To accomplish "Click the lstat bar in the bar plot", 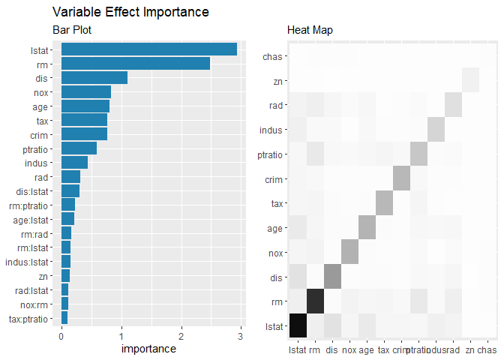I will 148,49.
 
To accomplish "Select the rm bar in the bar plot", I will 135,63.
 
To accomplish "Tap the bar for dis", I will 94,77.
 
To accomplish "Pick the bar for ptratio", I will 79,148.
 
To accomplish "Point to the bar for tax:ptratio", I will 64,318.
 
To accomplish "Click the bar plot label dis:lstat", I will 38,190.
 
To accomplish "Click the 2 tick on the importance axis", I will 181,336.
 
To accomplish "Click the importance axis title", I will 148,349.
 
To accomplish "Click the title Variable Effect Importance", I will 130,13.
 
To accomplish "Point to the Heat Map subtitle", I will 310,30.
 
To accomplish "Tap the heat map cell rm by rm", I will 315,301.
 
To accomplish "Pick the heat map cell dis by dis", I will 332,277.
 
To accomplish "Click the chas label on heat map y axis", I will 272,56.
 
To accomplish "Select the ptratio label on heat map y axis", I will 269,154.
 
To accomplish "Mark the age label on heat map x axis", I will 367,349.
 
